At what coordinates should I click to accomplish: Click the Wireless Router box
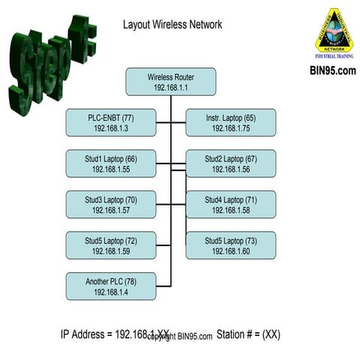point(171,82)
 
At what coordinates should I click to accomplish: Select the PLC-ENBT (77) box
point(111,123)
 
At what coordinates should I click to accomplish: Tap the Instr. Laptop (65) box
point(230,123)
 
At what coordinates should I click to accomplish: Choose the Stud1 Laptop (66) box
point(111,163)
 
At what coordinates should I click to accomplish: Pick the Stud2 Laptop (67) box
point(230,163)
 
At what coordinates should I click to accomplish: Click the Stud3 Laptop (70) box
point(111,205)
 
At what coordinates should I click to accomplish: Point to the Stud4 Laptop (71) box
point(230,205)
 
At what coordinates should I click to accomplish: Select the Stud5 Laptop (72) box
point(111,245)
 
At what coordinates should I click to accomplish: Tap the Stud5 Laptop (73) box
point(230,245)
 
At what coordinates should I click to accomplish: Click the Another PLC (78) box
point(111,286)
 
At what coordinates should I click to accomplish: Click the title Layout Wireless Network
point(172,25)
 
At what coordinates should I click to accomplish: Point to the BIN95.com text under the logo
point(332,71)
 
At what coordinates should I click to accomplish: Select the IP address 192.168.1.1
point(171,88)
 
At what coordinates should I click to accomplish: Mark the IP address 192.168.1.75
point(230,129)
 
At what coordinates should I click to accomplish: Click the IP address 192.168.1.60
point(230,251)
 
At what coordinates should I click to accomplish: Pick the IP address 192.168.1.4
point(111,292)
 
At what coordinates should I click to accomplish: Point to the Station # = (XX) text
point(248,334)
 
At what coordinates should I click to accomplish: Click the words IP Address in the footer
point(85,334)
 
